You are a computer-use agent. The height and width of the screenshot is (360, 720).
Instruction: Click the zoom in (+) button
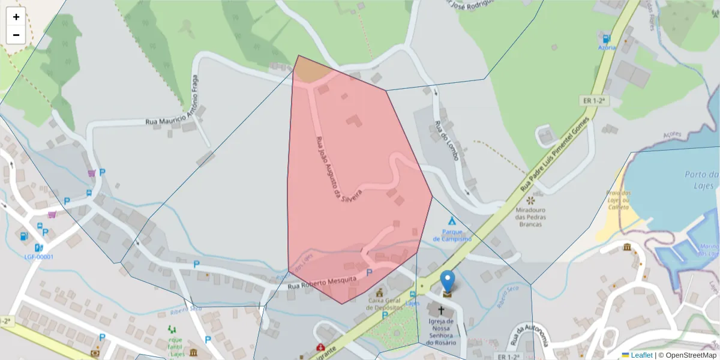[16, 17]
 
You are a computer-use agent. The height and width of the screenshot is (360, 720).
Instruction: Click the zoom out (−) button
[16, 35]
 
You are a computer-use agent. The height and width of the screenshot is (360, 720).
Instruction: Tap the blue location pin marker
[448, 281]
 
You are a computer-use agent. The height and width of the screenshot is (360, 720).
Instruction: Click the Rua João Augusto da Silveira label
[339, 170]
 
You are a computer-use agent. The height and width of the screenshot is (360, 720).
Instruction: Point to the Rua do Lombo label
[447, 140]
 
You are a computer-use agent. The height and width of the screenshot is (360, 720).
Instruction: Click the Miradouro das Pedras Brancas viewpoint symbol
[530, 200]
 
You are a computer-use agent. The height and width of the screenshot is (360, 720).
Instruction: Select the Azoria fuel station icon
[606, 38]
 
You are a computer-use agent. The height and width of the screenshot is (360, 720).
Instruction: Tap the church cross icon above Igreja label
[442, 310]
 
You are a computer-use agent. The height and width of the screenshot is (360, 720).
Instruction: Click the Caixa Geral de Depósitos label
[380, 303]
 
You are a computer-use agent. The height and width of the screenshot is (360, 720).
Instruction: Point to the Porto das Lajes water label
[701, 180]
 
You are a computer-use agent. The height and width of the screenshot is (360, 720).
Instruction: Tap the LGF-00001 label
[38, 257]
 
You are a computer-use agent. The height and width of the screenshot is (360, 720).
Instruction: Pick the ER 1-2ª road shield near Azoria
[594, 101]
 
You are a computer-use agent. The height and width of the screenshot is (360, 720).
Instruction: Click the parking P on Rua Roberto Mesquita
[369, 272]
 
